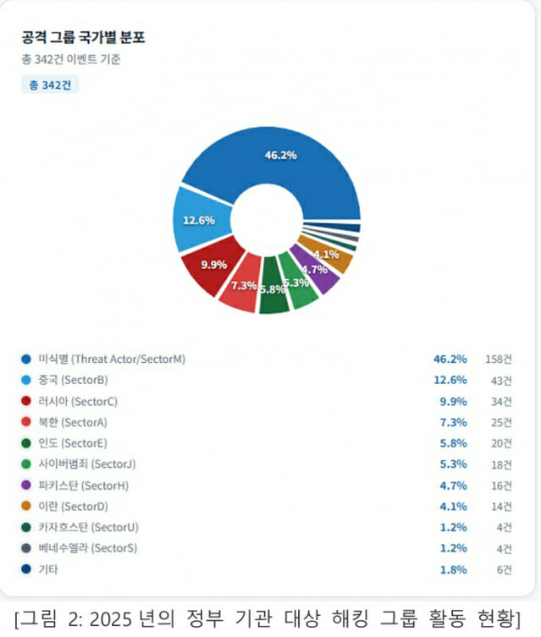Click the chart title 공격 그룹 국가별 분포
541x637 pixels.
(x=83, y=38)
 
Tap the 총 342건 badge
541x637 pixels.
(x=50, y=85)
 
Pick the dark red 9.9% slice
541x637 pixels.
(x=213, y=266)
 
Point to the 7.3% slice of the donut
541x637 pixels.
(x=243, y=287)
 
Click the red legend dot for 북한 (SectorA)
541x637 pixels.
(x=26, y=422)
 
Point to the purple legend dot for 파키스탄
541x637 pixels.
(x=26, y=486)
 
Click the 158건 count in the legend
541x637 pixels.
(x=498, y=359)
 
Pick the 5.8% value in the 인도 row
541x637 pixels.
(x=453, y=443)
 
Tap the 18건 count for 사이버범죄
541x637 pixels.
(x=501, y=464)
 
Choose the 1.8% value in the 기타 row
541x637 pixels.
(x=453, y=569)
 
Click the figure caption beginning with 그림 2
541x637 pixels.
(x=270, y=615)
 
